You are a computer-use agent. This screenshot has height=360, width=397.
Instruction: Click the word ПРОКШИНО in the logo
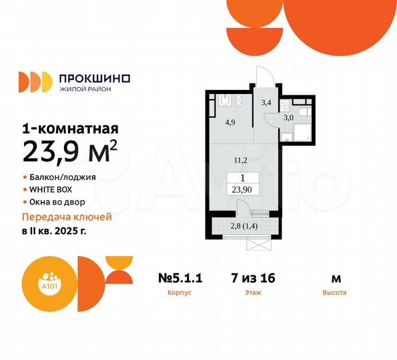pyautogui.click(x=95, y=78)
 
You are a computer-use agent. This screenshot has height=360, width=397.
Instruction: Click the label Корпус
pyautogui.click(x=180, y=293)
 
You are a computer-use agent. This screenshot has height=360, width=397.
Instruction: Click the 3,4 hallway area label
pyautogui.click(x=266, y=103)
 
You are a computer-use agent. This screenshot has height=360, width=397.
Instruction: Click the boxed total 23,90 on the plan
pyautogui.click(x=243, y=189)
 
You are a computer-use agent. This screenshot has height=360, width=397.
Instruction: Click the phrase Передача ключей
pyautogui.click(x=67, y=217)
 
